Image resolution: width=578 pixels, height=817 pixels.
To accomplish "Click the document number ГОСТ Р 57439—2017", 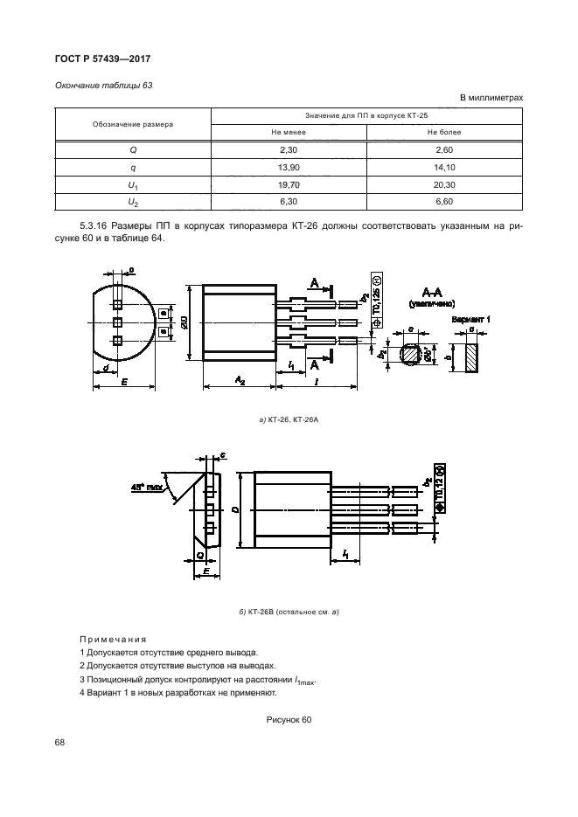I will tap(98, 59).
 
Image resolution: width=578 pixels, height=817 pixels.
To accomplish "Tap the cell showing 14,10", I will tap(443, 167).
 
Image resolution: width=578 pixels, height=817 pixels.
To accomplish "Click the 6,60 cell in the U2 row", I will tap(443, 202).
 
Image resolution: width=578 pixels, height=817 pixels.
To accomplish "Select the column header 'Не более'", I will tap(443, 132).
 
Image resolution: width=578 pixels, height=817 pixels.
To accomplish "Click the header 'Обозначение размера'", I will tap(133, 124).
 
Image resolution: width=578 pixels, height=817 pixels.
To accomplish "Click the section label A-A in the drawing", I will tap(435, 291).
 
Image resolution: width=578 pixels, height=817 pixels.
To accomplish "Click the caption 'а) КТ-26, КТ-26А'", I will tap(288, 422).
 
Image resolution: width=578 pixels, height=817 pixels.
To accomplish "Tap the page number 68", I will tap(60, 743).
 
